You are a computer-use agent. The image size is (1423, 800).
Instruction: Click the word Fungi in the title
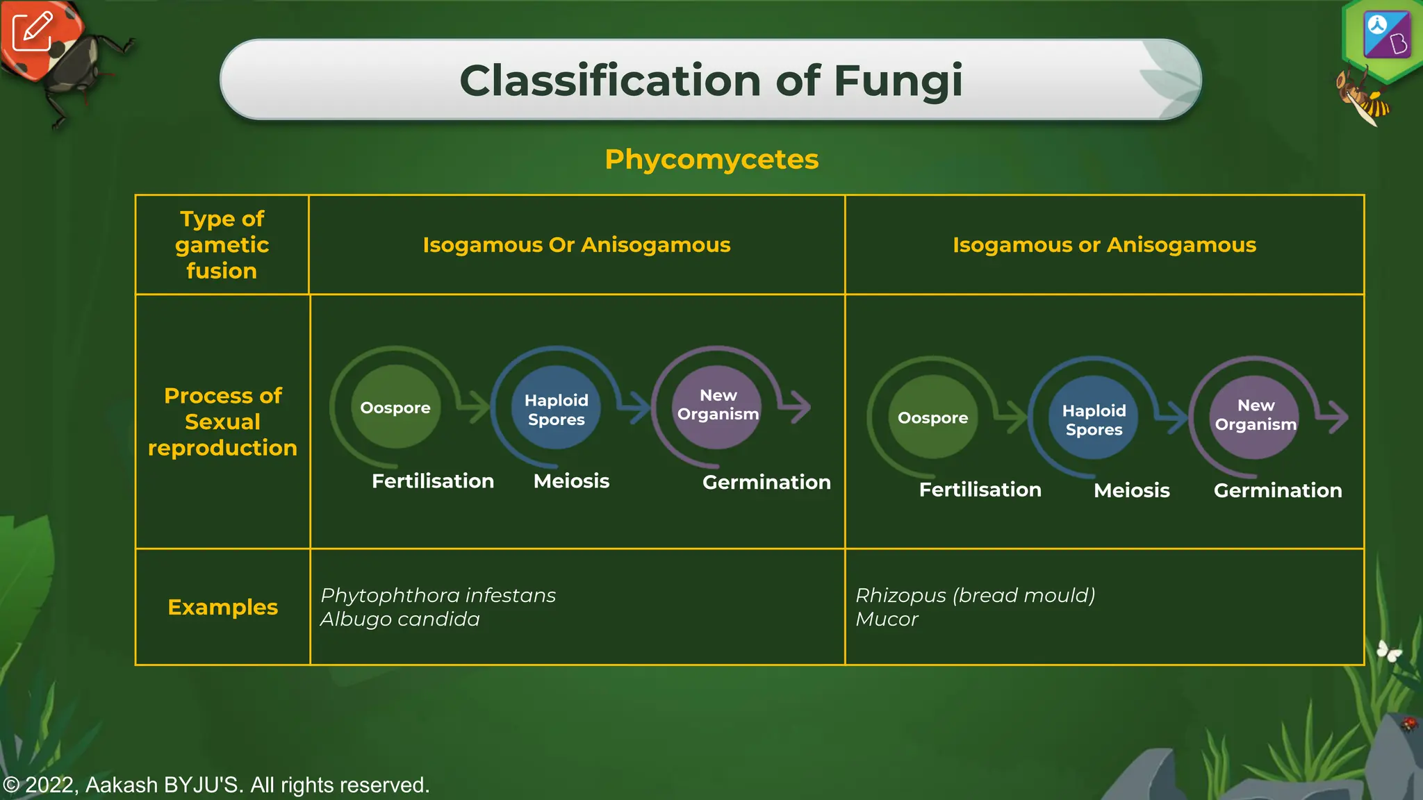tap(898, 81)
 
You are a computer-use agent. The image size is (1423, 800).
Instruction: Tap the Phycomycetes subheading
tap(711, 159)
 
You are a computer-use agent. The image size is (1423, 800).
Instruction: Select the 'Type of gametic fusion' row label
tap(222, 244)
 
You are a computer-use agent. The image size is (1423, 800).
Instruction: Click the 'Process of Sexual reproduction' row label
tap(222, 422)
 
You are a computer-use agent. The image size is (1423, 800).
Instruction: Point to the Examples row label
tap(222, 607)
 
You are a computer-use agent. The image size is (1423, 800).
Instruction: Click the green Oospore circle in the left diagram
tap(395, 408)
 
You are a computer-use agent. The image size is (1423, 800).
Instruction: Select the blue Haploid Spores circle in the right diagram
tap(1094, 419)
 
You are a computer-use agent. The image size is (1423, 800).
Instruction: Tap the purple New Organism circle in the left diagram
tap(718, 406)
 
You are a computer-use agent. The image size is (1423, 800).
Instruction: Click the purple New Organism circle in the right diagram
tap(1255, 416)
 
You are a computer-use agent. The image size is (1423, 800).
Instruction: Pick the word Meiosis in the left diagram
tap(571, 481)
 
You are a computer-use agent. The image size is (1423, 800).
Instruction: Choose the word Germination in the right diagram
tap(1277, 490)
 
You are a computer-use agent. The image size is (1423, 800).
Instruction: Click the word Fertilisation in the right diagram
tap(980, 490)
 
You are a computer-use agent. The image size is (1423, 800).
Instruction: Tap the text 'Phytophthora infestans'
tap(438, 595)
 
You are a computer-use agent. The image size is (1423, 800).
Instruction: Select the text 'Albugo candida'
tap(400, 619)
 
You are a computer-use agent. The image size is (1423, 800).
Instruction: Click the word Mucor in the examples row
tap(887, 619)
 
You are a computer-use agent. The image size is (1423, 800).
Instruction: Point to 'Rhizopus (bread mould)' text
tap(975, 595)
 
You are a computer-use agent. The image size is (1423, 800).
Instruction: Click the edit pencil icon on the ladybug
tap(32, 31)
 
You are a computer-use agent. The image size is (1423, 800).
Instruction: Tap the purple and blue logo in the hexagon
tap(1386, 35)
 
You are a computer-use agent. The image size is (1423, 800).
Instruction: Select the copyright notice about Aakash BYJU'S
tap(216, 785)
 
